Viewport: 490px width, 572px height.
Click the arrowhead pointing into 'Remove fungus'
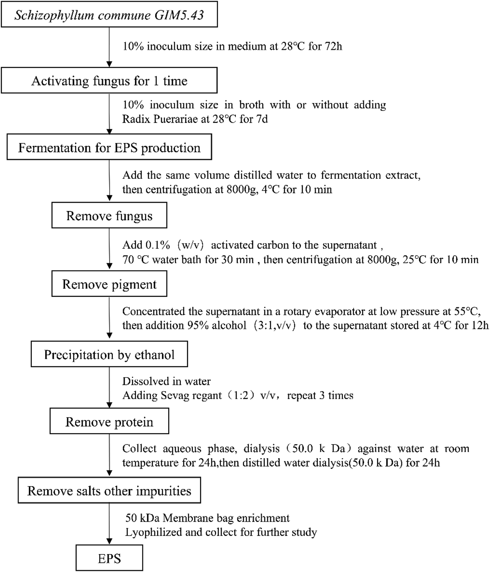point(110,198)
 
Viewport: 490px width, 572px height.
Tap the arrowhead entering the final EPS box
point(110,541)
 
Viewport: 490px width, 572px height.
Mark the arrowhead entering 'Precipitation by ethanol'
point(110,335)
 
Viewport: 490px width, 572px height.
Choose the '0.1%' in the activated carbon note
point(158,245)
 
